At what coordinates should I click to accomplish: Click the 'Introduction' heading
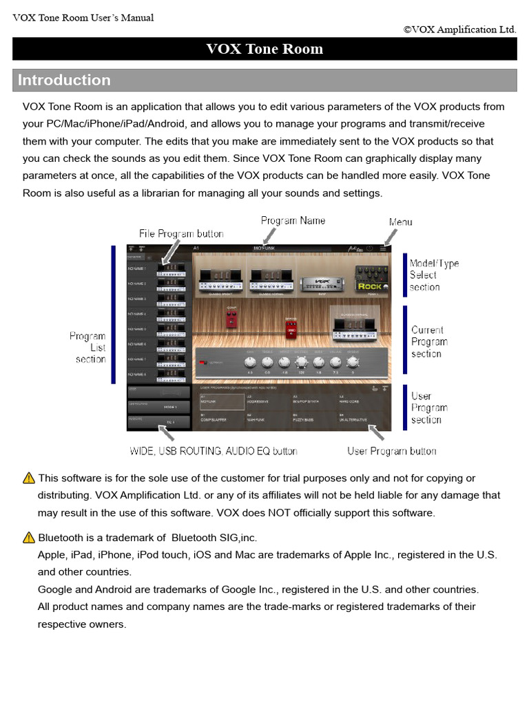coord(64,81)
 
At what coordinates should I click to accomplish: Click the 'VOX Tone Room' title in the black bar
coord(264,49)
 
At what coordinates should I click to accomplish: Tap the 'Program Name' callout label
coord(293,220)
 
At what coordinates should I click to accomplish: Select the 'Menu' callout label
coord(400,222)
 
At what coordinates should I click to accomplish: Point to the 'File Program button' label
coord(181,234)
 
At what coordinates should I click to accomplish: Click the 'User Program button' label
coord(391,451)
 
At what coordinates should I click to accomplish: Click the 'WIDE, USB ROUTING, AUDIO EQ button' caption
coord(214,451)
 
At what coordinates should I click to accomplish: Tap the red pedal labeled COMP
coord(231,317)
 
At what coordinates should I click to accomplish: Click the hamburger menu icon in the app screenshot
coord(382,248)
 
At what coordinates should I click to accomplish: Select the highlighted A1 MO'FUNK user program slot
coord(221,401)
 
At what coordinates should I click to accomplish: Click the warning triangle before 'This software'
coord(28,478)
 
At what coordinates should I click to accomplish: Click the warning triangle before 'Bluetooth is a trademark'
coord(28,537)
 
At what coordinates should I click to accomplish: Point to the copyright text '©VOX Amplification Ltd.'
coord(459,30)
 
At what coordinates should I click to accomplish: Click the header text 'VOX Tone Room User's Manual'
coord(83,18)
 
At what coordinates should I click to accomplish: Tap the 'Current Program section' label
coord(429,341)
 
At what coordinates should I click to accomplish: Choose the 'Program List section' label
coord(88,348)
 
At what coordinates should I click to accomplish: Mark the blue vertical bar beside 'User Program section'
coord(405,408)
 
